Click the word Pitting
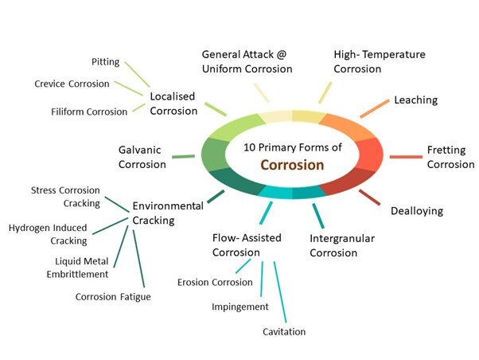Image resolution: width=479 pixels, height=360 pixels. tap(105, 62)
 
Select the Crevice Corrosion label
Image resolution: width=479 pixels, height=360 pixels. tap(72, 84)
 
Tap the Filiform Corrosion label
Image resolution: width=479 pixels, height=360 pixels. tap(89, 112)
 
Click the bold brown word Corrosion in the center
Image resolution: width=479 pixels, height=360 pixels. tap(292, 165)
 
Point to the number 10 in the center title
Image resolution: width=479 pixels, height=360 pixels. tap(249, 147)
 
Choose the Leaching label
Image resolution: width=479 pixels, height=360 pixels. tap(416, 100)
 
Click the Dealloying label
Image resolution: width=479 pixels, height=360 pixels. tap(417, 211)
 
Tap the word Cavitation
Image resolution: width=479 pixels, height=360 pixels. tap(284, 332)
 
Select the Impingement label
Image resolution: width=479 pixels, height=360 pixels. tap(240, 307)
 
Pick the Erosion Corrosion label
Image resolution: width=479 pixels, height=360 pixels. tap(215, 282)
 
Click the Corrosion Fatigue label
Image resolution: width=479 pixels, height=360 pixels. tap(113, 297)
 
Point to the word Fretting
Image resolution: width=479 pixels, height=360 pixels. tap(446, 151)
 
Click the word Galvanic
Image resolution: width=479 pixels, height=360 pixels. tap(139, 150)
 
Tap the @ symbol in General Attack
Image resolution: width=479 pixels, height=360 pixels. tap(282, 54)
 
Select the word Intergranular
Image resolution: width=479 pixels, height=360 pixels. tap(342, 239)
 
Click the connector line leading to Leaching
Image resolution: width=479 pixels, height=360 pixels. tap(375, 108)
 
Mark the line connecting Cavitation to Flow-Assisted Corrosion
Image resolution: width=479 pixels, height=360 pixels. tap(280, 292)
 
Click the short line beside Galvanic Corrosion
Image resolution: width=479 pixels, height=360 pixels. tap(183, 157)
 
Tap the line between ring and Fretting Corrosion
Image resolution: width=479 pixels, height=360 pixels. tap(406, 157)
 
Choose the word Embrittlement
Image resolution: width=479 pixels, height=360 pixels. tap(77, 274)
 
